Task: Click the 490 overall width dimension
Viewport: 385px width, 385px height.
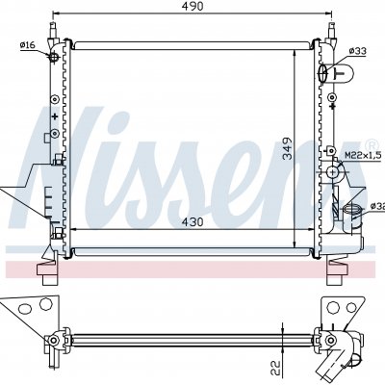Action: coord(193,7)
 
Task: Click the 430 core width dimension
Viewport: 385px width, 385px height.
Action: coord(192,221)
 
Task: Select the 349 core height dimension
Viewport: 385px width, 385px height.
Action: coord(287,148)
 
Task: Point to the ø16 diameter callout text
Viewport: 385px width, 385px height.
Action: coord(28,45)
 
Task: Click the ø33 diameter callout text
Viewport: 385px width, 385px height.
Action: coord(358,51)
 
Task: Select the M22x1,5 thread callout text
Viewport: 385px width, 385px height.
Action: coord(363,156)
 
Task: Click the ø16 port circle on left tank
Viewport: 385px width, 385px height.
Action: coord(54,58)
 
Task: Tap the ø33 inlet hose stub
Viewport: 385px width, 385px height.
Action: coord(336,73)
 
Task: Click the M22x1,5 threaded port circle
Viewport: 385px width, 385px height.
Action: coord(333,172)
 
